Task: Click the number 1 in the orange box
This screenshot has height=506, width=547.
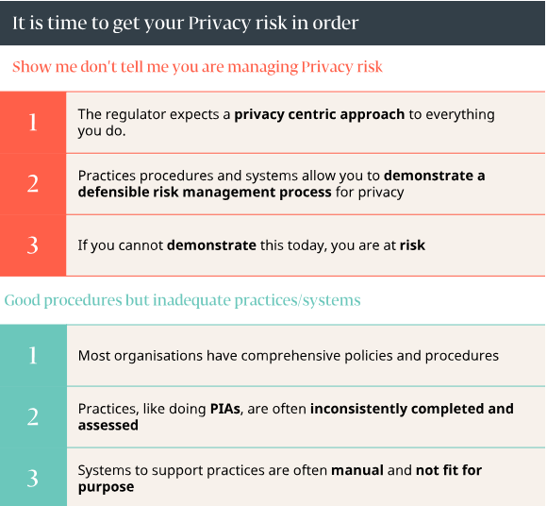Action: coord(33,122)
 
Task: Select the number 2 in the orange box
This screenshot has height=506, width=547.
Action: coord(33,184)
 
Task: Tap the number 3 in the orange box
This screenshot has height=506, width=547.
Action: coord(33,245)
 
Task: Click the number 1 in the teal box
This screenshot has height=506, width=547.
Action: coord(33,355)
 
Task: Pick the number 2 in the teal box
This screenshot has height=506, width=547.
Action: coord(33,416)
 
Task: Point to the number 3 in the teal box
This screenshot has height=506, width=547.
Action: coord(33,479)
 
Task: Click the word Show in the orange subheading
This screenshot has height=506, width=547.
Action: coord(30,67)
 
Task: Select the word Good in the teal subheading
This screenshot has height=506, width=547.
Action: coord(24,300)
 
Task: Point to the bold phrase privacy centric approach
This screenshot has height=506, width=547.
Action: coord(320,114)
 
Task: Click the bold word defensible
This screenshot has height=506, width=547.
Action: coord(115,192)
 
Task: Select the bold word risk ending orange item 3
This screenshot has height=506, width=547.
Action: coord(412,245)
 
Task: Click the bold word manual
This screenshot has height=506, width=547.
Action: coord(357,470)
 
